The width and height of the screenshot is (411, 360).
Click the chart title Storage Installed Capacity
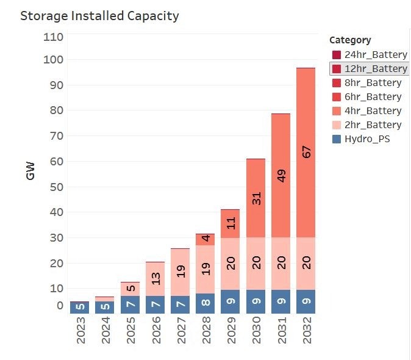(99, 16)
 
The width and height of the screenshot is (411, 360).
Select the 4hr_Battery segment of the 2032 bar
(306, 153)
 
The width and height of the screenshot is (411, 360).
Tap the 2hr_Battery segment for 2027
(180, 272)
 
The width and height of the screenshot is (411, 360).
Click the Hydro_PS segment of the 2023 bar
(79, 307)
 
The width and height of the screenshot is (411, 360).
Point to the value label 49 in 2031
(281, 176)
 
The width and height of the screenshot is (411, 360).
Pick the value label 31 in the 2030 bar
(256, 198)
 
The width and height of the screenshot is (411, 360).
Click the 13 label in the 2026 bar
(155, 279)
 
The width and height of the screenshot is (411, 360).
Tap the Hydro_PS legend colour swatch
(337, 139)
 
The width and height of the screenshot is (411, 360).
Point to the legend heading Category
(350, 40)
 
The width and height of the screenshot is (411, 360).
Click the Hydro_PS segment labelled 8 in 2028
(205, 303)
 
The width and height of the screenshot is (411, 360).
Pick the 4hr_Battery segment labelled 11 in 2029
(231, 224)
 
